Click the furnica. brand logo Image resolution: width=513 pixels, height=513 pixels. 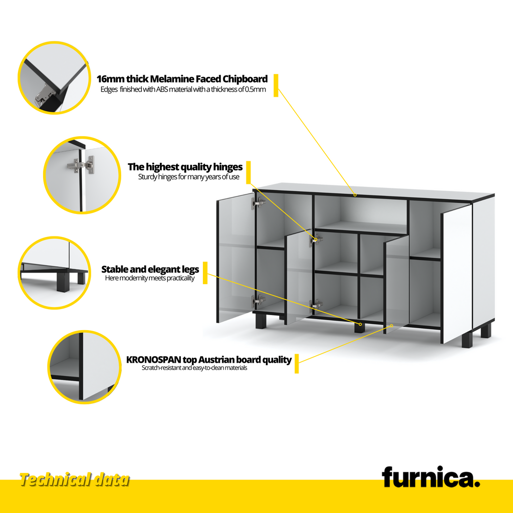430,477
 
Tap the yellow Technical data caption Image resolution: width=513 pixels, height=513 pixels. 75,480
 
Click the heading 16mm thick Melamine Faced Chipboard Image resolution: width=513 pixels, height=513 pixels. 182,79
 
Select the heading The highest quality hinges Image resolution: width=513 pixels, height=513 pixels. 185,167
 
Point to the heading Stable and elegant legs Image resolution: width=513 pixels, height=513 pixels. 150,269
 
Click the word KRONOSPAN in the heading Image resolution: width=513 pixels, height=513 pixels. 154,360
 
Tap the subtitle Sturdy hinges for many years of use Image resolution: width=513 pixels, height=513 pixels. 189,177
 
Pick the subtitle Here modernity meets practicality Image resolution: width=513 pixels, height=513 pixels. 150,278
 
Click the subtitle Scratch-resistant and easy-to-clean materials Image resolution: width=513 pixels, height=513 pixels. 194,368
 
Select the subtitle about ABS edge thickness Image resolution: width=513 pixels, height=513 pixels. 183,89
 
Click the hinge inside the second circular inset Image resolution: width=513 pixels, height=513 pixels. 81,164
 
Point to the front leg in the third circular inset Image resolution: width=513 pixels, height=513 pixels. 63,282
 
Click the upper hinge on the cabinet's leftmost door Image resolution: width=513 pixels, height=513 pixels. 258,203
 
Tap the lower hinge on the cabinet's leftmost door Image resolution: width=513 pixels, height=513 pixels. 258,301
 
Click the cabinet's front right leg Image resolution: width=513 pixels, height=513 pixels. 467,340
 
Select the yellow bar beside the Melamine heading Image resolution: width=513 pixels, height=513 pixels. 276,85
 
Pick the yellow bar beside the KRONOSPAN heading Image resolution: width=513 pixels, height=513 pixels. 297,364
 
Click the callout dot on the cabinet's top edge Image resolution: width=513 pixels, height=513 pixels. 355,195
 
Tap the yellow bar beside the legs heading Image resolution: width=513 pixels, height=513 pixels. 205,273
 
